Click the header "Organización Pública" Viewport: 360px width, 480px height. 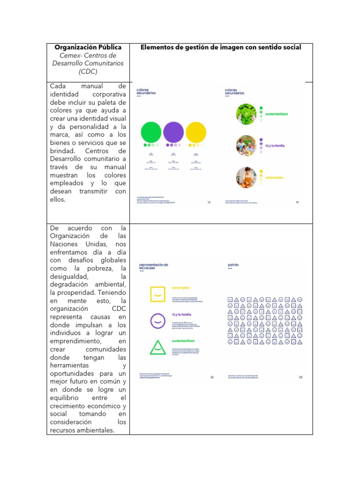click(88, 47)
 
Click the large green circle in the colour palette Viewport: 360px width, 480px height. click(151, 132)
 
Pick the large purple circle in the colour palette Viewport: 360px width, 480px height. click(173, 132)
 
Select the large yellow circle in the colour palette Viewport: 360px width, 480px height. click(196, 132)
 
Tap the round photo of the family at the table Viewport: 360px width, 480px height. click(246, 145)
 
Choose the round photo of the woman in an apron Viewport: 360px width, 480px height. click(246, 178)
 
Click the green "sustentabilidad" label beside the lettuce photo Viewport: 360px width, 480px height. click(277, 114)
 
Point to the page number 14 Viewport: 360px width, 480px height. click(209, 202)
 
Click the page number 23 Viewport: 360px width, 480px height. click(301, 377)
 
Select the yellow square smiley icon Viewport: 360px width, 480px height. click(158, 293)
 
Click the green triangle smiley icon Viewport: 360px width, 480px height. click(158, 347)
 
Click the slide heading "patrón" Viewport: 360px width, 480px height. click(233, 265)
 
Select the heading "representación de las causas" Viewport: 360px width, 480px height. click(154, 266)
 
